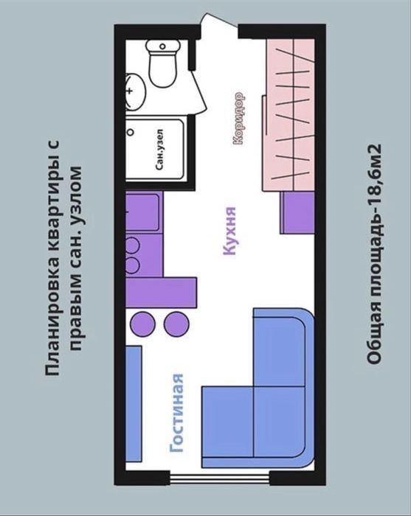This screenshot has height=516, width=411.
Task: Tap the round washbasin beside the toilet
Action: click(x=135, y=91)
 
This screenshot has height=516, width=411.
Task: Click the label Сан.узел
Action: click(x=159, y=150)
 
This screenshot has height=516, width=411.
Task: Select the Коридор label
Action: click(x=239, y=118)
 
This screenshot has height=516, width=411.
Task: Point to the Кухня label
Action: click(x=229, y=231)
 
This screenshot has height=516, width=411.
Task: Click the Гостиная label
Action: click(x=176, y=413)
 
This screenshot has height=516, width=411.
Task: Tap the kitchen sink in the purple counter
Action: click(x=142, y=212)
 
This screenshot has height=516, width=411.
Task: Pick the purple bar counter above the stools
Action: click(x=162, y=293)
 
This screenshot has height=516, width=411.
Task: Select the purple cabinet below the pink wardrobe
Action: click(x=297, y=212)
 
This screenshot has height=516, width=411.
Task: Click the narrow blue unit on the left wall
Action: click(x=134, y=404)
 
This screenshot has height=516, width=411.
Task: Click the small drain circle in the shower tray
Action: click(x=131, y=132)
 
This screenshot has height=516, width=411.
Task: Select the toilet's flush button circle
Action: click(x=162, y=46)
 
